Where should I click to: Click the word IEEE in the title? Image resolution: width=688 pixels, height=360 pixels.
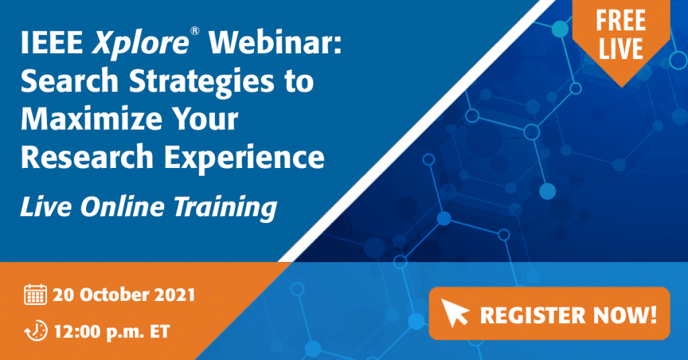tap(52, 42)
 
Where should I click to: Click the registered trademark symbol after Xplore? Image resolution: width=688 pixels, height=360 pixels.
tap(195, 31)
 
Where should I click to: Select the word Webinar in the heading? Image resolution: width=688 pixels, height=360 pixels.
tap(275, 42)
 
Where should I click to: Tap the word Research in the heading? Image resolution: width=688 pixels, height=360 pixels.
tap(87, 157)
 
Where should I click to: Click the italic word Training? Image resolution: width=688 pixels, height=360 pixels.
tap(226, 208)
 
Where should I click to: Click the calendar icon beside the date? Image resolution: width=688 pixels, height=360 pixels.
tap(36, 294)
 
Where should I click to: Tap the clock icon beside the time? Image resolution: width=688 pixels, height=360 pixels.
tap(36, 331)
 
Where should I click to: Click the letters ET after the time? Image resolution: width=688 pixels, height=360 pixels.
tap(159, 332)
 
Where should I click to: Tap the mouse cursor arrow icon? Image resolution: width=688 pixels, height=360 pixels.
tap(455, 312)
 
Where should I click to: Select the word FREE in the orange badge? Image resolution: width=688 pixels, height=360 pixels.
tap(620, 21)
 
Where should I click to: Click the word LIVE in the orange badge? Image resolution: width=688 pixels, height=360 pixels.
tap(621, 48)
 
